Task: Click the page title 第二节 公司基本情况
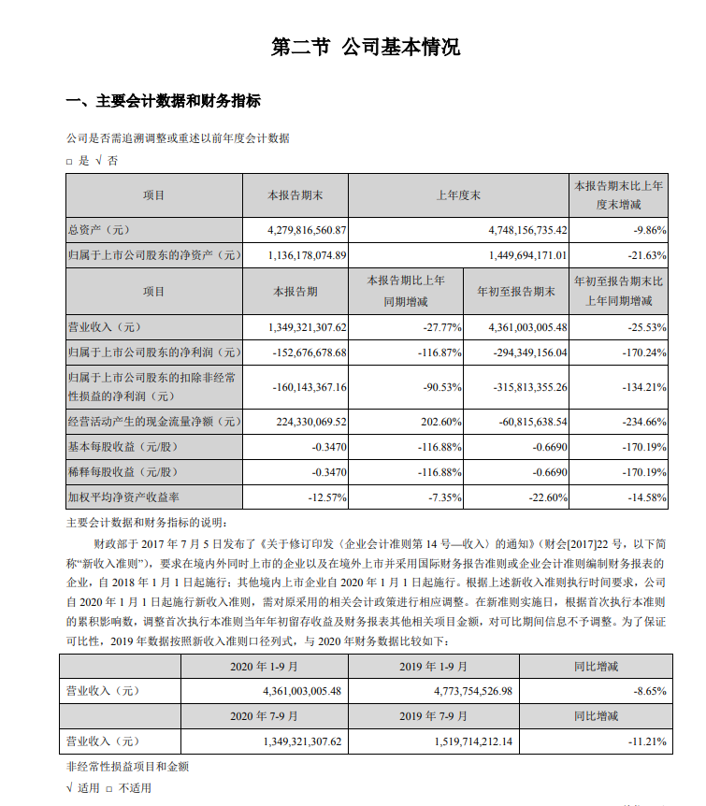pos(366,48)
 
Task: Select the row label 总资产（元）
pos(97,229)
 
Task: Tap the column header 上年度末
pos(458,195)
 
